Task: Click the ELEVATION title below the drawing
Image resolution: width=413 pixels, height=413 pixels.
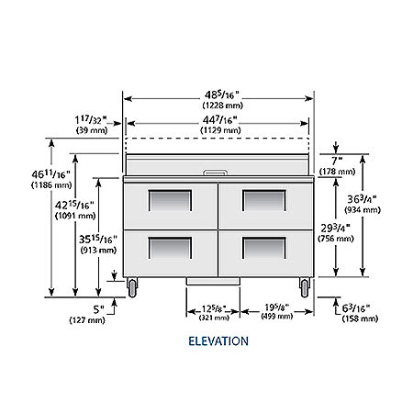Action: pos(218,340)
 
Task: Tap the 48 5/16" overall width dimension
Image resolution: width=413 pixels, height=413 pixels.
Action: pos(221,95)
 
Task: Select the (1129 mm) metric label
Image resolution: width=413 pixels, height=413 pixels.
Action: pos(220,130)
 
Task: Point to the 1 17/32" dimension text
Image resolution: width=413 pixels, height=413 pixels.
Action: pos(91,119)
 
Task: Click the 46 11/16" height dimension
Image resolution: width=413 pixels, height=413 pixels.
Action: pos(50,174)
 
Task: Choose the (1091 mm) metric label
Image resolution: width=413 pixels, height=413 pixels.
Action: pos(75,216)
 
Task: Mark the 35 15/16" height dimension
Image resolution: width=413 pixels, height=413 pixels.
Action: pos(98,239)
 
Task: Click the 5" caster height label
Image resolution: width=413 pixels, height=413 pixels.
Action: pos(98,309)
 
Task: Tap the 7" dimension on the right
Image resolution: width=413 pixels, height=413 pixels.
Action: pos(337,161)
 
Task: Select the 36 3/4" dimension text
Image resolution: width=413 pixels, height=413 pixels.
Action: pos(362,199)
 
